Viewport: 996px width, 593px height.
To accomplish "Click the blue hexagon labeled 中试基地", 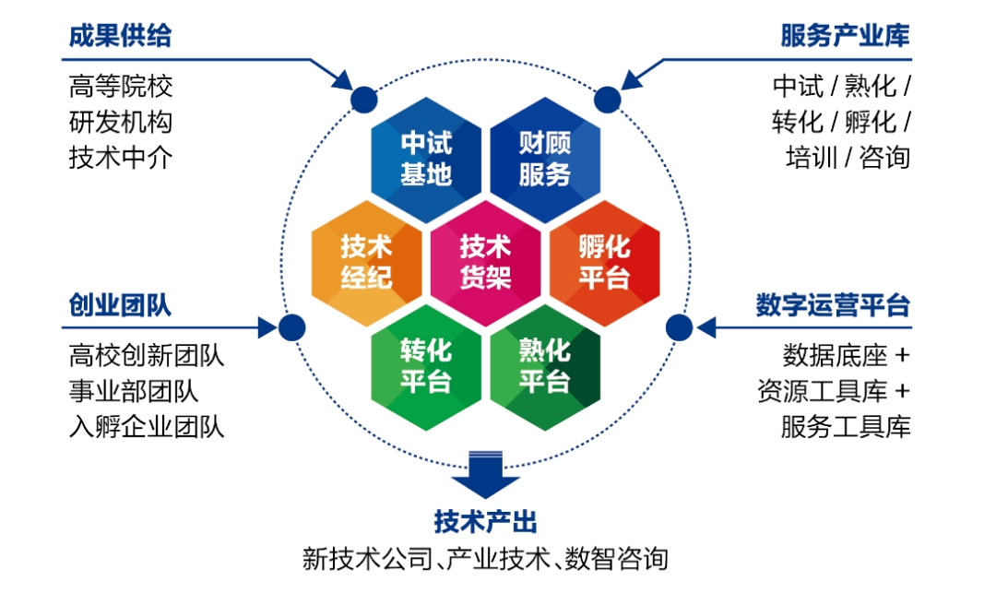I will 426,158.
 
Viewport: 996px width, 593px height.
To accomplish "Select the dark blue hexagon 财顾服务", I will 545,158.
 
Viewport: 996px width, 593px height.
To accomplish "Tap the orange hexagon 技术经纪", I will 367,262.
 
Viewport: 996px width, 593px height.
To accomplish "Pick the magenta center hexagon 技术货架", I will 486,262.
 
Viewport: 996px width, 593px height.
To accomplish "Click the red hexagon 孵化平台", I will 605,262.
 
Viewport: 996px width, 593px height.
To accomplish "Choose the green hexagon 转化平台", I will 426,366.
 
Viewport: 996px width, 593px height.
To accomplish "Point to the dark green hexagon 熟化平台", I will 545,366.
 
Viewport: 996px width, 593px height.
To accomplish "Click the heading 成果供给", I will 120,36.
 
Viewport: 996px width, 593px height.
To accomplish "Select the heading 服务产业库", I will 845,36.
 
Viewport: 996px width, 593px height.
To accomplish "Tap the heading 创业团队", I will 120,305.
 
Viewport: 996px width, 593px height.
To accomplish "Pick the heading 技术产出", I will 485,522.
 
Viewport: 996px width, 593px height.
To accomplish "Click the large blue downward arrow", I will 485,472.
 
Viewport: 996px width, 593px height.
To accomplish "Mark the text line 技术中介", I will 120,157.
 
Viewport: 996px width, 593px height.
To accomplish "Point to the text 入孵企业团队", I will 147,426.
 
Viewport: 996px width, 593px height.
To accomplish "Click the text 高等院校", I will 120,87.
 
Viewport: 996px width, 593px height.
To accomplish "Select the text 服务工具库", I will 845,426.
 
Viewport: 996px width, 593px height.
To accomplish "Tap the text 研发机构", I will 120,122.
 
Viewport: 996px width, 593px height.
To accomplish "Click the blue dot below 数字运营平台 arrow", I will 679,326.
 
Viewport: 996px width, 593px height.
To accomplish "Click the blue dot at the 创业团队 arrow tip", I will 291,326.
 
